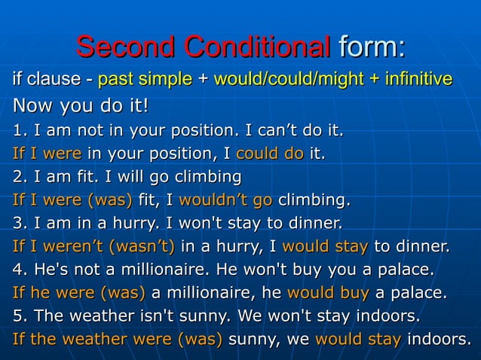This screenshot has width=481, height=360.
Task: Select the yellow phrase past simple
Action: [145, 78]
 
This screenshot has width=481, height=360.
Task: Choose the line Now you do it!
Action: [79, 105]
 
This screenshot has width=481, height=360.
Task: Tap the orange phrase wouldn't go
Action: [225, 201]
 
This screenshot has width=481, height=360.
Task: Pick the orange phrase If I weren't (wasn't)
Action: [93, 246]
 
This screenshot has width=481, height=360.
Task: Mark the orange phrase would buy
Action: [328, 292]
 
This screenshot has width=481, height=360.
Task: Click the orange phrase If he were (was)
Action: [80, 292]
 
